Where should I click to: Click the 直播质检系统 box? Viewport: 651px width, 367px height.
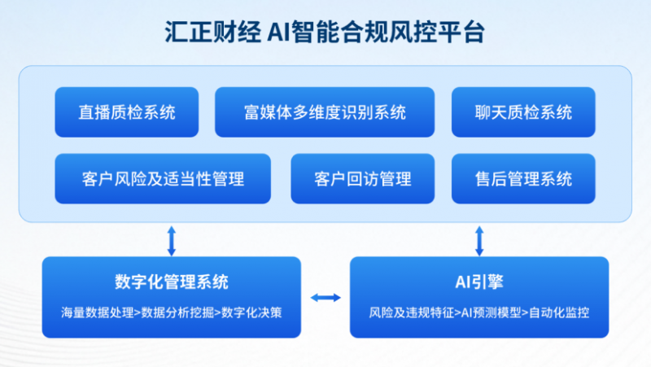coord(127,112)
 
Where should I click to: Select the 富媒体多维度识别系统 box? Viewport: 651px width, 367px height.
coord(325,112)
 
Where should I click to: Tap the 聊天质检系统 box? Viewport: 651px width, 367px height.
coord(523,112)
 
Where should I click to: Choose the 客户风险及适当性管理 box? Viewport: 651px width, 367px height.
coord(163,179)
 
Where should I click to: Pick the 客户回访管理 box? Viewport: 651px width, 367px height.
coord(363,179)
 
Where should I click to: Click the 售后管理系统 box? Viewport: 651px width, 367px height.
coord(523,179)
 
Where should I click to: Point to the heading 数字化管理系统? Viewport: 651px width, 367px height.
coord(172,282)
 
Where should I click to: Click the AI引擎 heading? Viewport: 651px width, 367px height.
coord(479,282)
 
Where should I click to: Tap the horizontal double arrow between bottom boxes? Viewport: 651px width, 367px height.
coord(325,297)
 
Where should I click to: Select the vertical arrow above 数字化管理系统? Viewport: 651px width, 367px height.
coord(172,241)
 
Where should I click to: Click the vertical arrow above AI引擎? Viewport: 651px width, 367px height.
coord(479,241)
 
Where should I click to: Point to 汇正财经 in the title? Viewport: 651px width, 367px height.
coord(213,32)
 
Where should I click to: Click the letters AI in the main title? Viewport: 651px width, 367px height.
coord(278,32)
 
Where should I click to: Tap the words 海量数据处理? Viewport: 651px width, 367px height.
coord(98,312)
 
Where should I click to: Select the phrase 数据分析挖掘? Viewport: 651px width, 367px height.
coord(177,312)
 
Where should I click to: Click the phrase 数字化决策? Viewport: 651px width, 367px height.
coord(251,312)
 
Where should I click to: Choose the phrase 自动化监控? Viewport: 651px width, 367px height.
coord(559,312)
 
